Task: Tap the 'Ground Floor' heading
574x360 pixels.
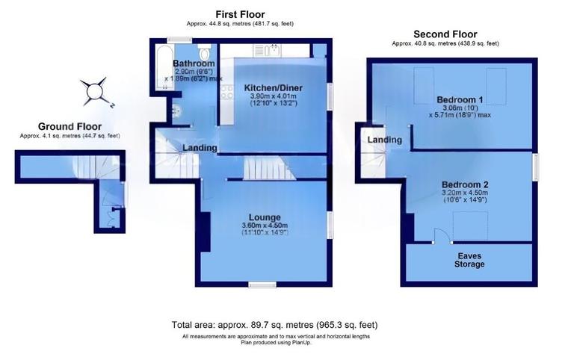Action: tap(70, 127)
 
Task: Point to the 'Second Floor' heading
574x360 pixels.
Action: tap(446, 34)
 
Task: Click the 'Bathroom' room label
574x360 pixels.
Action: tap(194, 64)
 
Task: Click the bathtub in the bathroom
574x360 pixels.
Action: tap(161, 67)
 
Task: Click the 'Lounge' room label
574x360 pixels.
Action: tap(265, 217)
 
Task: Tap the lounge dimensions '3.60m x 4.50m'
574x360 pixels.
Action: tap(265, 226)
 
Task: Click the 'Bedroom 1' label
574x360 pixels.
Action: tap(460, 99)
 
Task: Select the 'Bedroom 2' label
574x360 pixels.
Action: tap(464, 184)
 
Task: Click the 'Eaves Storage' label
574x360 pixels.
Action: tap(470, 259)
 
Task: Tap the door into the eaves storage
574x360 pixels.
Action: tap(442, 237)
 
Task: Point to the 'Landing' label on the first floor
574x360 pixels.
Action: tap(200, 148)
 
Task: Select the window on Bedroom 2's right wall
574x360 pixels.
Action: tap(534, 166)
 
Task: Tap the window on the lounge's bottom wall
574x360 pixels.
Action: tap(262, 284)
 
